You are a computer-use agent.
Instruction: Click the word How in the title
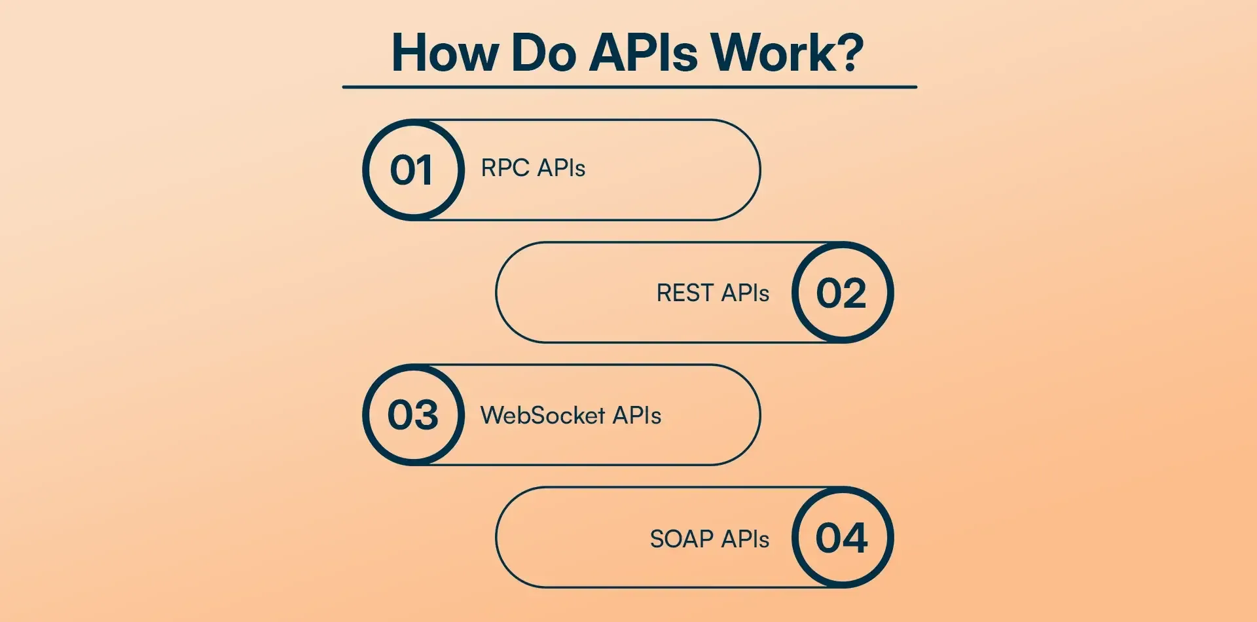click(x=445, y=52)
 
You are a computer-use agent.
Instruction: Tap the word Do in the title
click(x=544, y=52)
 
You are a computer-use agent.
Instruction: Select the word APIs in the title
click(x=644, y=52)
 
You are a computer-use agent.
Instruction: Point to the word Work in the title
click(x=772, y=52)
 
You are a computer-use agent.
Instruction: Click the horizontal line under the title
click(x=629, y=86)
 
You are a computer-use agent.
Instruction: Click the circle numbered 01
click(x=413, y=170)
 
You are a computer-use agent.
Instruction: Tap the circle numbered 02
click(x=843, y=292)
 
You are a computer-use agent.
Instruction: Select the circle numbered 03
click(x=413, y=414)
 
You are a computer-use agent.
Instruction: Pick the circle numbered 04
click(x=843, y=537)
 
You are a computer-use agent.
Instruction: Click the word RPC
click(x=505, y=168)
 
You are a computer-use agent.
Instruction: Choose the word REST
click(x=685, y=293)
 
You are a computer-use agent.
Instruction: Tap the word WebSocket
click(x=543, y=415)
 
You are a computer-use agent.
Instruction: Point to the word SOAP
click(x=682, y=539)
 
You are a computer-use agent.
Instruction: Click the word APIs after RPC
click(x=561, y=168)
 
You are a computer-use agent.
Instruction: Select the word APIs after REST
click(x=745, y=293)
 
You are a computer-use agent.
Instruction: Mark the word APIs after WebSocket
click(x=637, y=415)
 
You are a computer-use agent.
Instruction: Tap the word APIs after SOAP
click(x=745, y=539)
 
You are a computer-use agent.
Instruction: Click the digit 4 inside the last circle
click(x=855, y=538)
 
